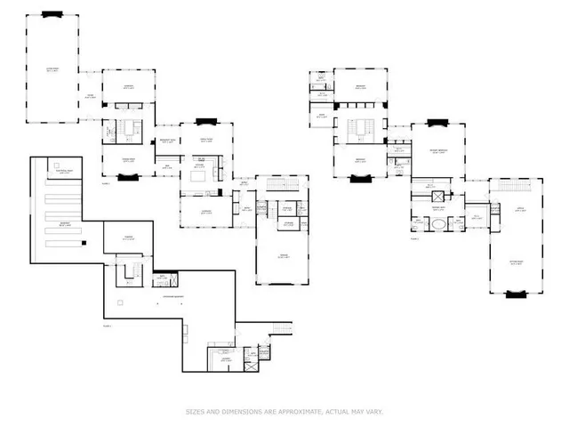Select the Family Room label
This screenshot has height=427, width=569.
206,140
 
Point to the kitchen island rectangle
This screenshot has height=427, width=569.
200,174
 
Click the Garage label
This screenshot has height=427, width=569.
284,255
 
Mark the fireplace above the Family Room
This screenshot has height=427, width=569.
206,120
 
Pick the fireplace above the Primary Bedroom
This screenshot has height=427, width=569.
436,122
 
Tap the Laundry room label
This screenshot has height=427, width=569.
220,359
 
